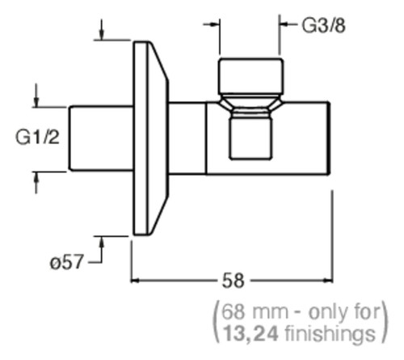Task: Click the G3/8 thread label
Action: tap(323, 26)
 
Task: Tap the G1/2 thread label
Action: tap(37, 138)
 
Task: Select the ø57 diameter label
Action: tap(66, 261)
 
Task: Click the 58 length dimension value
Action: tap(234, 281)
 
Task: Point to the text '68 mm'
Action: tap(255, 312)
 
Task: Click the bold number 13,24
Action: tap(250, 333)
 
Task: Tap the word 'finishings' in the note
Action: tap(330, 334)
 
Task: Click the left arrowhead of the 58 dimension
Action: tap(135, 281)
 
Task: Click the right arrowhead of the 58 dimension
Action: tap(329, 281)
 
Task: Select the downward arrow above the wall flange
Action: tap(101, 30)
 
